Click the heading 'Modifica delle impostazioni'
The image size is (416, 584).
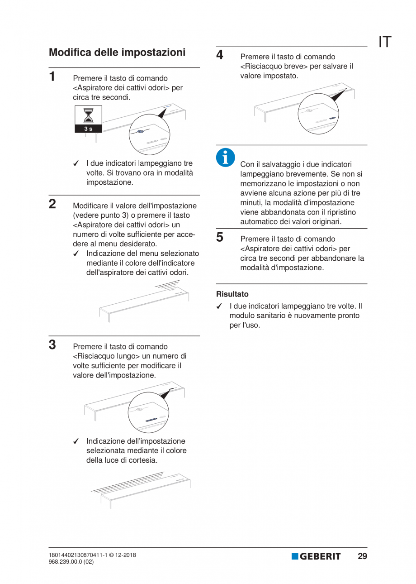(x=117, y=53)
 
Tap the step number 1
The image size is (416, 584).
(x=52, y=76)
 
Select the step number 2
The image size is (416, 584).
(x=52, y=204)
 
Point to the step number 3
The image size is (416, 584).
(x=52, y=345)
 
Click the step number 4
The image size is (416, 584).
(x=220, y=55)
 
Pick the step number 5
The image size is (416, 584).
(x=220, y=237)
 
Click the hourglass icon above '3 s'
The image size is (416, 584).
(x=89, y=115)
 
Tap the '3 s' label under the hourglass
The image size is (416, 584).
(x=89, y=129)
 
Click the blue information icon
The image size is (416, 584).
(x=225, y=157)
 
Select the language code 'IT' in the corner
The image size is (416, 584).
(x=385, y=42)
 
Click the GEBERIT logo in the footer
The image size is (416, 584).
(x=316, y=556)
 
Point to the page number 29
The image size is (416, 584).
(x=362, y=556)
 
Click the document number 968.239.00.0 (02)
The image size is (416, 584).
(x=71, y=562)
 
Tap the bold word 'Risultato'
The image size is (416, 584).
(x=232, y=294)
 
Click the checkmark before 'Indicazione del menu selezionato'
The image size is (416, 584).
(x=76, y=254)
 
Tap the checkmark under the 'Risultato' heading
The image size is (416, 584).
(x=220, y=306)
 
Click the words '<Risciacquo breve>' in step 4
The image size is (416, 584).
(x=274, y=67)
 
